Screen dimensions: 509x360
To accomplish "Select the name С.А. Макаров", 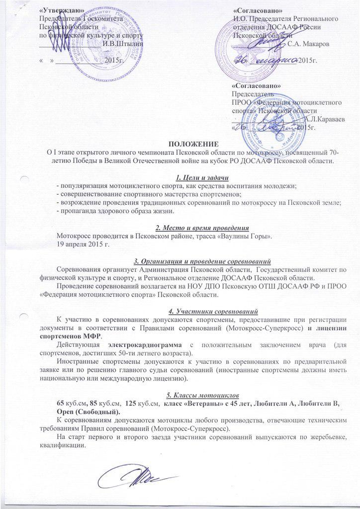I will pos(308,44).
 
